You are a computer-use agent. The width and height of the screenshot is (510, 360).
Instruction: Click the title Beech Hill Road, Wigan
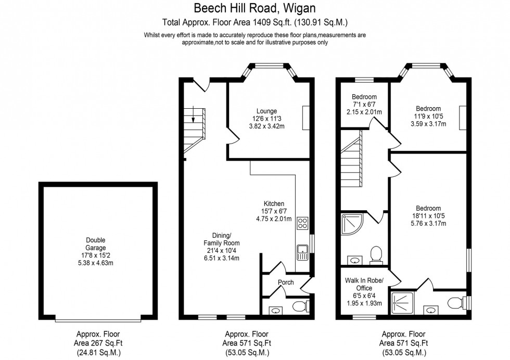click(254, 8)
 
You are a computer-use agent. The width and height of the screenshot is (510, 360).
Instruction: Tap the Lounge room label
click(266, 111)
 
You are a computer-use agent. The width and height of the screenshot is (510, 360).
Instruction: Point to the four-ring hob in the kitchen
click(302, 224)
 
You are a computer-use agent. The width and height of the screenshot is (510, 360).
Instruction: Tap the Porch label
click(286, 282)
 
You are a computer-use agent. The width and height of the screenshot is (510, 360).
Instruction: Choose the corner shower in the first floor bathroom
click(350, 224)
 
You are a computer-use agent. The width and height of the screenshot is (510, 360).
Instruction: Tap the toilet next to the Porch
click(300, 306)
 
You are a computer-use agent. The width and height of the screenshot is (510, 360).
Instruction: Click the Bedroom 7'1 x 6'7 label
click(364, 97)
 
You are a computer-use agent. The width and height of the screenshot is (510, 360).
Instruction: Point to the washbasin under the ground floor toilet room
click(275, 310)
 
